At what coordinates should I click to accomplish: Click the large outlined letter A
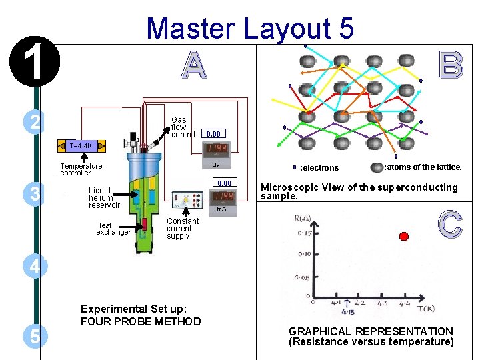(x=193, y=65)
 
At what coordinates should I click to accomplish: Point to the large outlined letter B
(x=450, y=65)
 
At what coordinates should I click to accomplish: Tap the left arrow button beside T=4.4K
(x=61, y=145)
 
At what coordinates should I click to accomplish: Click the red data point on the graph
(x=403, y=236)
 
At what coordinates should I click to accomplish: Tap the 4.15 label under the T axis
(x=347, y=311)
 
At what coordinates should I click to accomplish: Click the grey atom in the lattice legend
(x=377, y=167)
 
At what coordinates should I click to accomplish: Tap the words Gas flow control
(x=183, y=127)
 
